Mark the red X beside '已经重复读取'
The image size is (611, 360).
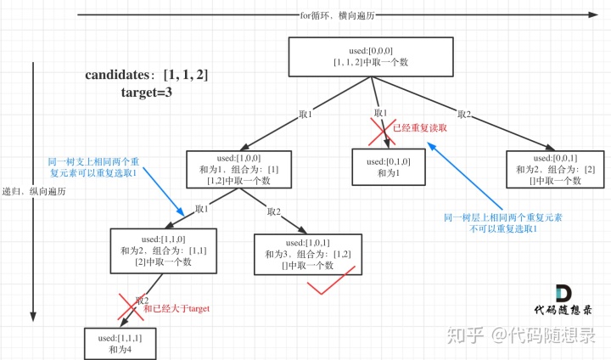point(378,129)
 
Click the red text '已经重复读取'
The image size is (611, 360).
point(419,128)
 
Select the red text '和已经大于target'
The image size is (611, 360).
point(177,308)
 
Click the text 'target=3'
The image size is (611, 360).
point(146,92)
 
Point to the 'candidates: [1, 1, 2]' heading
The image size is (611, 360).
point(146,75)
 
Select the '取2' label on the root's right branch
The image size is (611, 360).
point(463,115)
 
